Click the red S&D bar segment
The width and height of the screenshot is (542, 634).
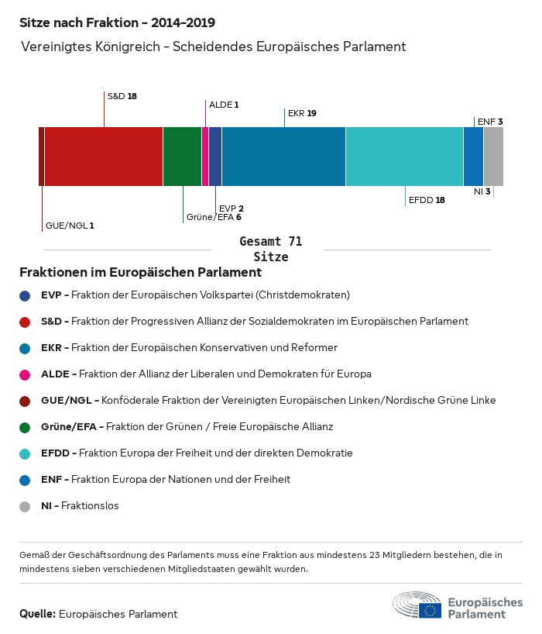coord(104,157)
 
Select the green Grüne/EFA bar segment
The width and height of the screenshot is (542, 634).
coord(182,157)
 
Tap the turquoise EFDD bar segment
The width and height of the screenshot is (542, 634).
coord(404,157)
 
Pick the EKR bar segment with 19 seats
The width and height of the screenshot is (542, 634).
coord(283,157)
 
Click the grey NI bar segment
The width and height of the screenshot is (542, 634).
coord(493,157)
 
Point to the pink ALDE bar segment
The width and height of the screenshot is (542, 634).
coord(205,157)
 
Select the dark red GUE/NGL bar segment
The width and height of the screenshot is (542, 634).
coord(41,157)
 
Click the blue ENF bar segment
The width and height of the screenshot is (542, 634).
coord(473,157)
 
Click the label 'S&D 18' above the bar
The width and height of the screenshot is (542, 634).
coord(122,96)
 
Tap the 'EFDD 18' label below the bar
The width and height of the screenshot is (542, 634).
coord(427,200)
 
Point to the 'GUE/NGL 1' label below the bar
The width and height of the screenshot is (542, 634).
coord(70,226)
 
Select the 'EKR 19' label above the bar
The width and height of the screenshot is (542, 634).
coord(302,113)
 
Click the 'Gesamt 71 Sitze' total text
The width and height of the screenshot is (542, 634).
coord(270,249)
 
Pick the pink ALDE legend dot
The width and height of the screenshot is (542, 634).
coord(25,374)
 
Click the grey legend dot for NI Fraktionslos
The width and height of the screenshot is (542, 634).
coord(25,506)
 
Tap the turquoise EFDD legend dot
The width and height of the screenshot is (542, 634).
coord(25,453)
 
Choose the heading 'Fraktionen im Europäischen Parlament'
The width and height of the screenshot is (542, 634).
coord(140,273)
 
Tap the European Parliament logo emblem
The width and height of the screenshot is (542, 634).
coord(418,605)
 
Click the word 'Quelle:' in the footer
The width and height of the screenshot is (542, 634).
coord(37,614)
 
